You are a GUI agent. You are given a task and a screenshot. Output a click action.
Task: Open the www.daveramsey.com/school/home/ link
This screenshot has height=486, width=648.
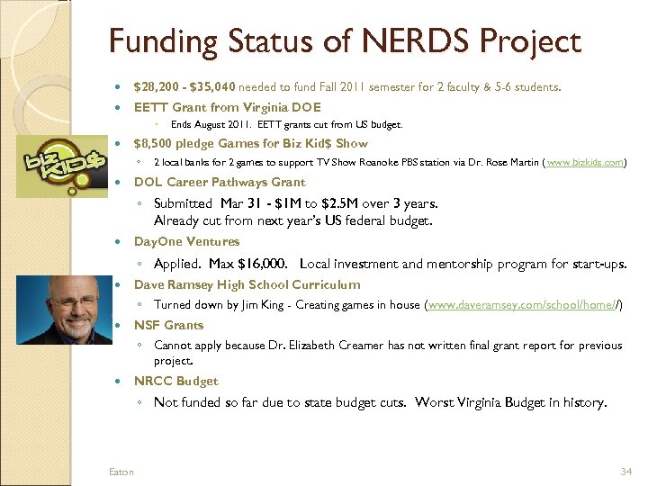(524, 305)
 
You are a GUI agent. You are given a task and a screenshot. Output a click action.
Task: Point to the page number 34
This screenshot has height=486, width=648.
(626, 472)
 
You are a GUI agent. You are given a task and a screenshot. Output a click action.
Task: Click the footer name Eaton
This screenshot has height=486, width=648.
(121, 472)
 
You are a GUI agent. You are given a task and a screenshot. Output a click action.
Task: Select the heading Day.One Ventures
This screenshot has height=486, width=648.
(186, 241)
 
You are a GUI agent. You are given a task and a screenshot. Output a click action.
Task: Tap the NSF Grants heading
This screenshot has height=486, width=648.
(168, 325)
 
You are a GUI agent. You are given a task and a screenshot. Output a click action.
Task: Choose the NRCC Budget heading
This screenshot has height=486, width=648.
(175, 381)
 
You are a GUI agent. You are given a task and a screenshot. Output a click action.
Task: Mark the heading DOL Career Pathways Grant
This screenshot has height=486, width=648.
(220, 182)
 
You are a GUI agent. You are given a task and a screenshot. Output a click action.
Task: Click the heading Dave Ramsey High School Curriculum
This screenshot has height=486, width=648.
(247, 284)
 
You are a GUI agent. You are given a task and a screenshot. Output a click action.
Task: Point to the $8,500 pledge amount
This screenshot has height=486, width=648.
(155, 143)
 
